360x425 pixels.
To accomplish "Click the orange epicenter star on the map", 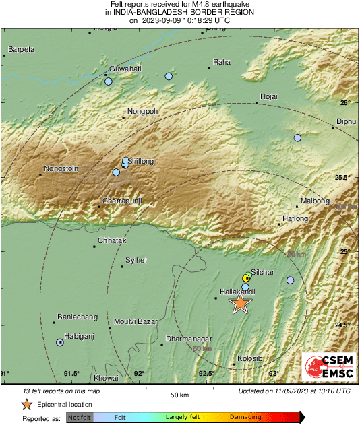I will [240, 304].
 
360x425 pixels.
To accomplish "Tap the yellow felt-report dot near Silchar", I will [246, 277].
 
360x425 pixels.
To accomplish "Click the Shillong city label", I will [142, 161].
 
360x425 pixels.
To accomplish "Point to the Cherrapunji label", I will [123, 201].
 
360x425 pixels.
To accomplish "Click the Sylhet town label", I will [136, 260].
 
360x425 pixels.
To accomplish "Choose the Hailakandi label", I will [237, 292].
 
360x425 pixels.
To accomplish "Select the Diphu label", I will [345, 122].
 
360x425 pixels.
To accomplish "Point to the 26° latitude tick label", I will [344, 102].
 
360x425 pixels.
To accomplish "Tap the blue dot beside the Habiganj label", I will [60, 342].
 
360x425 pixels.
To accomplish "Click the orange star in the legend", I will [26, 404].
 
